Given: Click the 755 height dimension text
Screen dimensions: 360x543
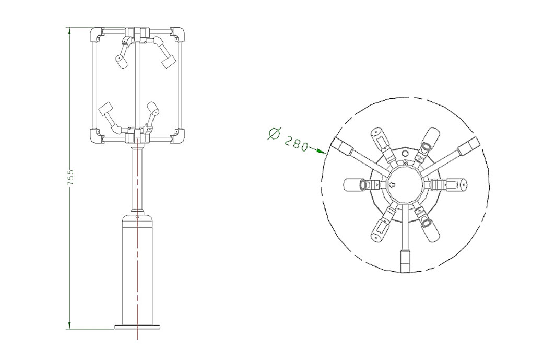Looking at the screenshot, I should pos(71,178).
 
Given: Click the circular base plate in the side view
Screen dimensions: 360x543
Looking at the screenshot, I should pos(136,328).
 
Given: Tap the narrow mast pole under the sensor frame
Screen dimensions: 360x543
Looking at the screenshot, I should pos(136,178).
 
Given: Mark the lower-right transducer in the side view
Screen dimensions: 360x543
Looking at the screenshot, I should pos(154,109).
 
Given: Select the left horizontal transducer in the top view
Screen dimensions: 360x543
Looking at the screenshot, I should pos(352,184).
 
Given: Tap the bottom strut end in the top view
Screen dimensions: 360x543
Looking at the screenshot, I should pos(405,261).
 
